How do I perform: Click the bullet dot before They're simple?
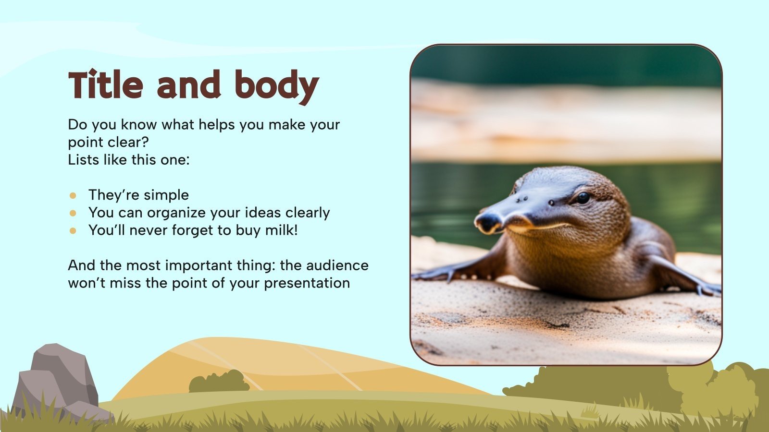pos(73,195)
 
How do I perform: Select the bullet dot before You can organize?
pos(73,213)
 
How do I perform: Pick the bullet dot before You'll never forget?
pos(73,230)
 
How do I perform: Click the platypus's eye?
pos(583,197)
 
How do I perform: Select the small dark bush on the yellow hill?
pos(219,382)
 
